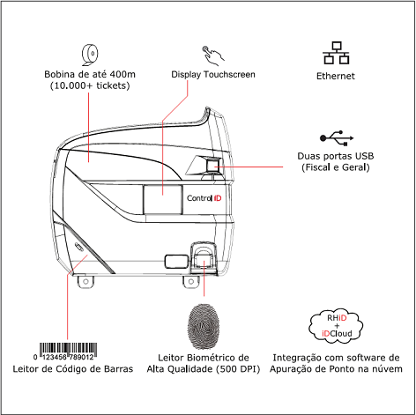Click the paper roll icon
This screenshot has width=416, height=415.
point(90,55)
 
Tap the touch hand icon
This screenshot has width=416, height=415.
point(213,56)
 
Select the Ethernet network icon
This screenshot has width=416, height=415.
point(336,53)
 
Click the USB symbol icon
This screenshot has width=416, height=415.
point(337,137)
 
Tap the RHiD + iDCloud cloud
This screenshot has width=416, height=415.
point(336,326)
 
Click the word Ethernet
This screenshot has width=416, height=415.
point(336,76)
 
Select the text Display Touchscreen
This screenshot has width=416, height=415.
point(213,74)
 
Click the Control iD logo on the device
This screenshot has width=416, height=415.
point(204,198)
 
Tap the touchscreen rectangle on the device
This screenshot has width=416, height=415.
point(162,199)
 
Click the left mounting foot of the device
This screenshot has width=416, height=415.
point(85,281)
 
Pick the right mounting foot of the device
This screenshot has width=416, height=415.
point(190,282)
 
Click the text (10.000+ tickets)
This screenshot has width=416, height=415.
point(90,85)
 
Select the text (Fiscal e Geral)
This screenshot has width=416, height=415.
point(336,167)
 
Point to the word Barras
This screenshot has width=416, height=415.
point(120,369)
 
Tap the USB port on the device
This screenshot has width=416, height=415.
point(212,167)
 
